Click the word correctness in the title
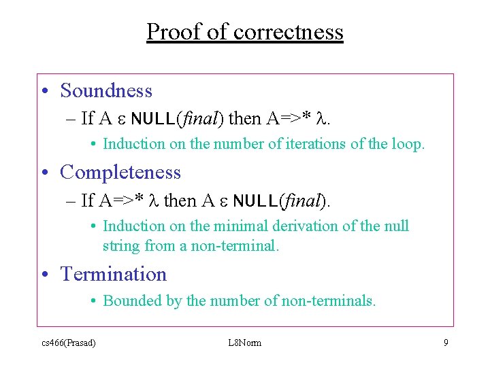pos(288,32)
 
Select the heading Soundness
pos(106,90)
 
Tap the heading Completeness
pos(120,172)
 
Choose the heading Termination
pos(114,274)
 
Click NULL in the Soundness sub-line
pos(153,119)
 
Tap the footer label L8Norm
pos(245,343)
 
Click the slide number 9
pos(446,343)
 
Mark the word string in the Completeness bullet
pos(121,245)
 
